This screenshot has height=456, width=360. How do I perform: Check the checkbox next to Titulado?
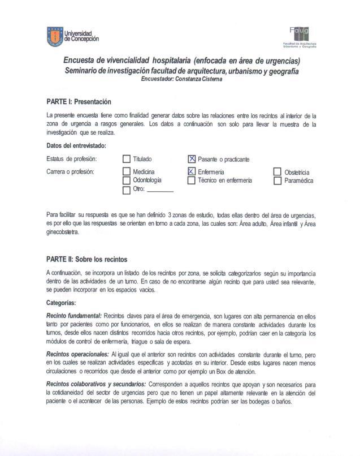(127, 160)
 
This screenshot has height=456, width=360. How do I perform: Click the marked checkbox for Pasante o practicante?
(192, 160)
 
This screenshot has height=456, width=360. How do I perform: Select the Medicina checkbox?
(127, 171)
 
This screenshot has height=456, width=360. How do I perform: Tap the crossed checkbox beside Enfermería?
(192, 171)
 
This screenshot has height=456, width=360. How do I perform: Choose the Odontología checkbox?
(127, 180)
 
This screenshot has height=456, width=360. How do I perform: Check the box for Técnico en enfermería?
(192, 180)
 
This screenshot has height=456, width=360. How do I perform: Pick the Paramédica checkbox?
(277, 181)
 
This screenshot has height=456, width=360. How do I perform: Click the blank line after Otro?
(160, 191)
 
